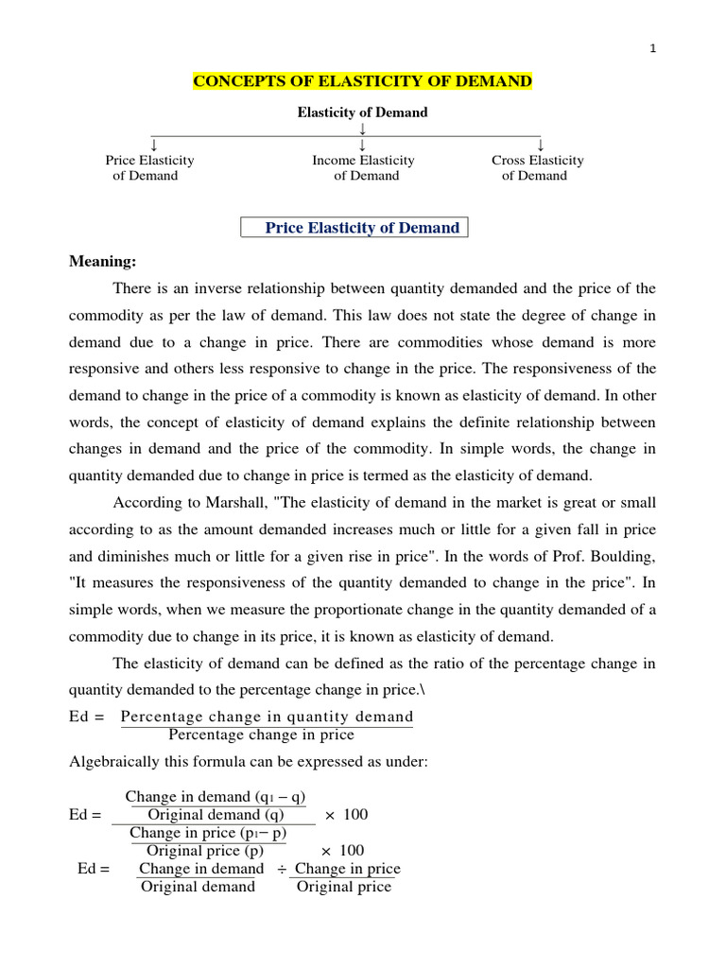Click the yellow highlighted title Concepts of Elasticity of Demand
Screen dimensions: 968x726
coord(363,82)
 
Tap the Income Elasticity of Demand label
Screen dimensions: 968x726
coord(364,167)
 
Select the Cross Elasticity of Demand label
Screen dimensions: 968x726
coord(537,167)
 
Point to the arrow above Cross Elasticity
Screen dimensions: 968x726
coord(541,144)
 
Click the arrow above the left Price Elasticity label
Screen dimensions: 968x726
coord(153,144)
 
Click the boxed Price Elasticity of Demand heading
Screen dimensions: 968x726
coord(362,228)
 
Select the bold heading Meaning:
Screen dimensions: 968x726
coord(103,261)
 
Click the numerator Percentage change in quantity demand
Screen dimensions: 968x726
coord(268,717)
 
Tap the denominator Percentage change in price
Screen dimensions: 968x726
coord(261,735)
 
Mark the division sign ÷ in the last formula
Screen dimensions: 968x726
coord(282,869)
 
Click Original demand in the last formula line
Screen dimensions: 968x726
coord(198,887)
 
